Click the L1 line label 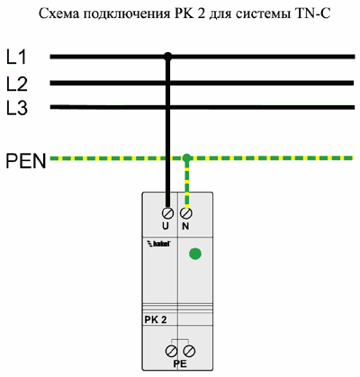click(16, 57)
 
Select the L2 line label click(17, 84)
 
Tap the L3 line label click(17, 108)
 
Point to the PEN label click(26, 161)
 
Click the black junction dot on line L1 click(167, 57)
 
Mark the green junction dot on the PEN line click(186, 157)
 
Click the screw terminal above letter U click(167, 213)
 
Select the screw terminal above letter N click(186, 213)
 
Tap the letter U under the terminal click(166, 226)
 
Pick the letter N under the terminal click(185, 227)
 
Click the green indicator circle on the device click(195, 254)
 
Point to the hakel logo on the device click(158, 243)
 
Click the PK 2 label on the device click(156, 319)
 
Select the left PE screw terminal click(171, 351)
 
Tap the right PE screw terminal click(190, 351)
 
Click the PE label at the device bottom click(180, 364)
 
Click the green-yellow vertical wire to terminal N click(186, 184)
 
